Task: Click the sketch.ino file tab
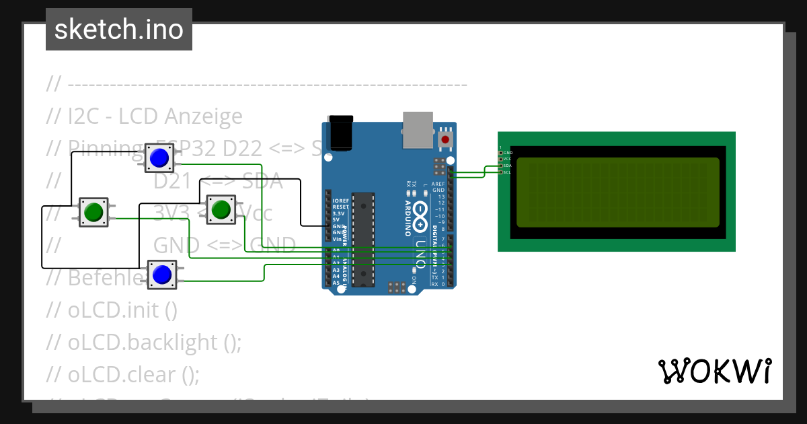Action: click(x=118, y=30)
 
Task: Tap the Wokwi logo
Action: click(x=714, y=371)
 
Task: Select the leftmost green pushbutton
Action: click(x=93, y=212)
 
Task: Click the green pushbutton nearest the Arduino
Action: click(x=220, y=210)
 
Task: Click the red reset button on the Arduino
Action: click(x=445, y=139)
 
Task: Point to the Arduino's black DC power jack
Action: click(x=340, y=133)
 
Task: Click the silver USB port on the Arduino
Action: click(x=418, y=129)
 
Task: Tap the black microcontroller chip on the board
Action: click(x=363, y=238)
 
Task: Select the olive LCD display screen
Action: click(x=617, y=192)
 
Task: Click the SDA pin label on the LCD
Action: click(x=508, y=166)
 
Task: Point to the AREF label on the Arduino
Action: click(x=438, y=184)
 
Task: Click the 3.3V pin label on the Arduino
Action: click(x=339, y=213)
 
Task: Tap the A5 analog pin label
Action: click(x=336, y=283)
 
